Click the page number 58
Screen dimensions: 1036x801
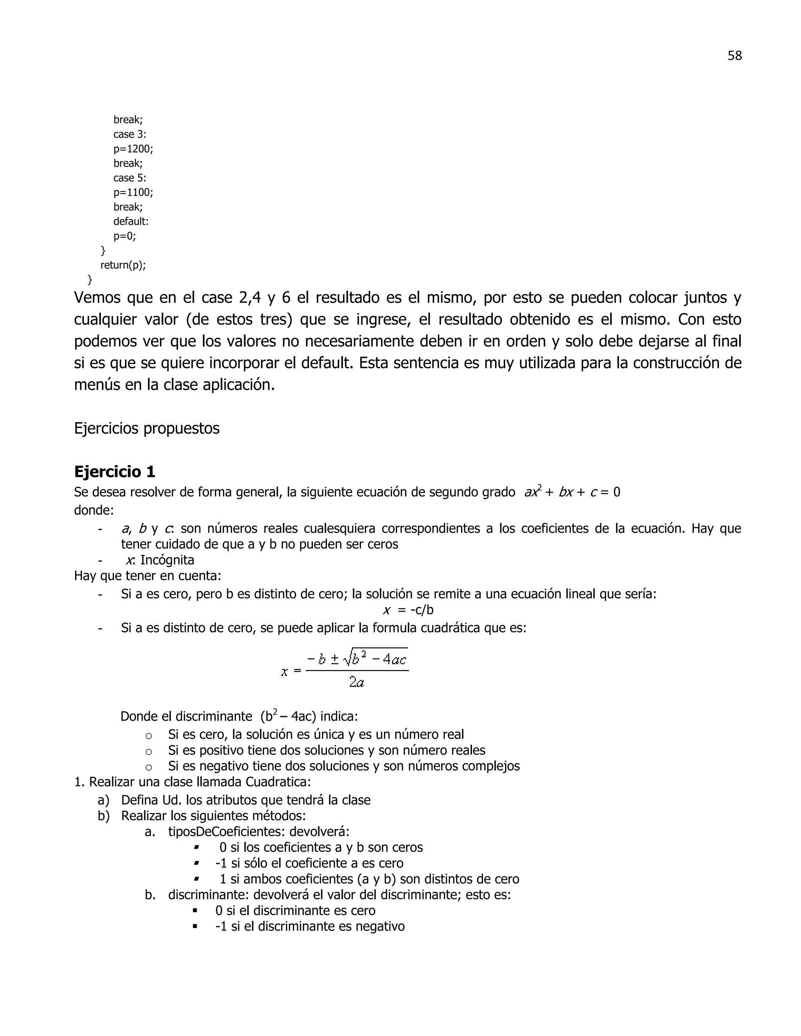click(734, 56)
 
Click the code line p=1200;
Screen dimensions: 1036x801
click(133, 149)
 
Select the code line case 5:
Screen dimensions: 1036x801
click(129, 178)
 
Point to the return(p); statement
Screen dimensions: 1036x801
click(123, 265)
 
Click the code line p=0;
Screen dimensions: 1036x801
click(124, 236)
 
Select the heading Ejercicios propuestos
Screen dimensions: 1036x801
click(147, 428)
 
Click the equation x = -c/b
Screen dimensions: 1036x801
click(408, 610)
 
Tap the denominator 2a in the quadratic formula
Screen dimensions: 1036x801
click(356, 683)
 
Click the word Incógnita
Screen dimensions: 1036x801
click(167, 560)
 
